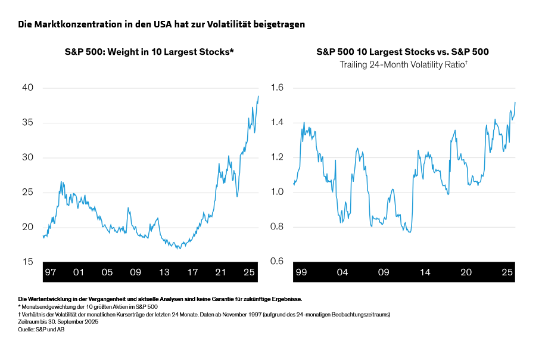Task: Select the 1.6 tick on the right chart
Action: click(x=278, y=88)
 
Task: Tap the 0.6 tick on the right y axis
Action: click(x=278, y=262)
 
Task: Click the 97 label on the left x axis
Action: click(x=51, y=272)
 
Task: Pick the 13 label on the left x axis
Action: click(x=164, y=272)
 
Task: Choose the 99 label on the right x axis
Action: click(x=301, y=272)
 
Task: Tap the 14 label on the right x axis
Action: click(x=425, y=272)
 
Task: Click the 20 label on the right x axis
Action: click(x=466, y=272)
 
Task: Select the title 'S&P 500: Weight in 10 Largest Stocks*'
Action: click(x=149, y=52)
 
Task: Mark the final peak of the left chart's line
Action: click(x=258, y=96)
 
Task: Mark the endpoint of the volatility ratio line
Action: click(x=515, y=103)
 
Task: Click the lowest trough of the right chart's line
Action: click(x=409, y=232)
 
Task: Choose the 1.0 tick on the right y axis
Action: click(x=278, y=193)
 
